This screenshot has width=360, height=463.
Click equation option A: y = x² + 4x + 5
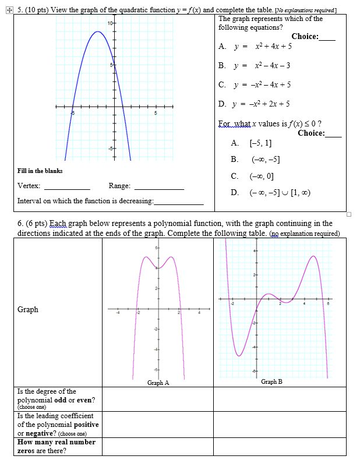[x=254, y=47]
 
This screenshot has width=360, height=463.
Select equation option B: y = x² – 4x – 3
[x=254, y=65]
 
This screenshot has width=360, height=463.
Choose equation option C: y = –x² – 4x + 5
[x=255, y=84]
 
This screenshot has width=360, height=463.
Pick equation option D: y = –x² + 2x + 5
[x=255, y=104]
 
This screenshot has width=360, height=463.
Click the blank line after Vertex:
[x=67, y=188]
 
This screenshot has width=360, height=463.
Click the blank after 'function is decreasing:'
[x=179, y=202]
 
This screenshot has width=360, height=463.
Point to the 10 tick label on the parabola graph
[x=110, y=23]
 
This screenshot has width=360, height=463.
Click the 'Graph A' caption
[x=158, y=383]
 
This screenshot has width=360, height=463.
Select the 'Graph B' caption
[x=271, y=381]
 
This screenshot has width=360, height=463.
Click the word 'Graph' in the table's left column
[x=28, y=310]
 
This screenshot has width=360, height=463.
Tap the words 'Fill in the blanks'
[x=40, y=171]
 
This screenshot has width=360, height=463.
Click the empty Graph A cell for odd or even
[x=157, y=399]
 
